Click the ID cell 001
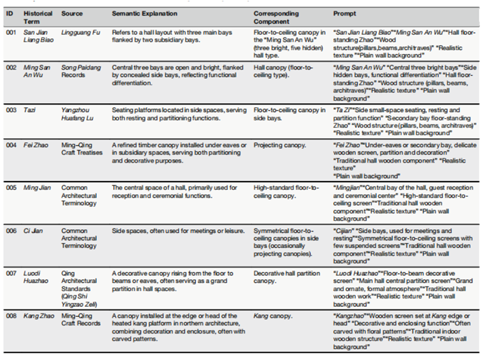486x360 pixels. [10, 31]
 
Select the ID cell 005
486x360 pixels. [10, 187]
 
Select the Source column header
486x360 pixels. [72, 14]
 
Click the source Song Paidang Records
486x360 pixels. [81, 72]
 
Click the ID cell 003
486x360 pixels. [10, 108]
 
